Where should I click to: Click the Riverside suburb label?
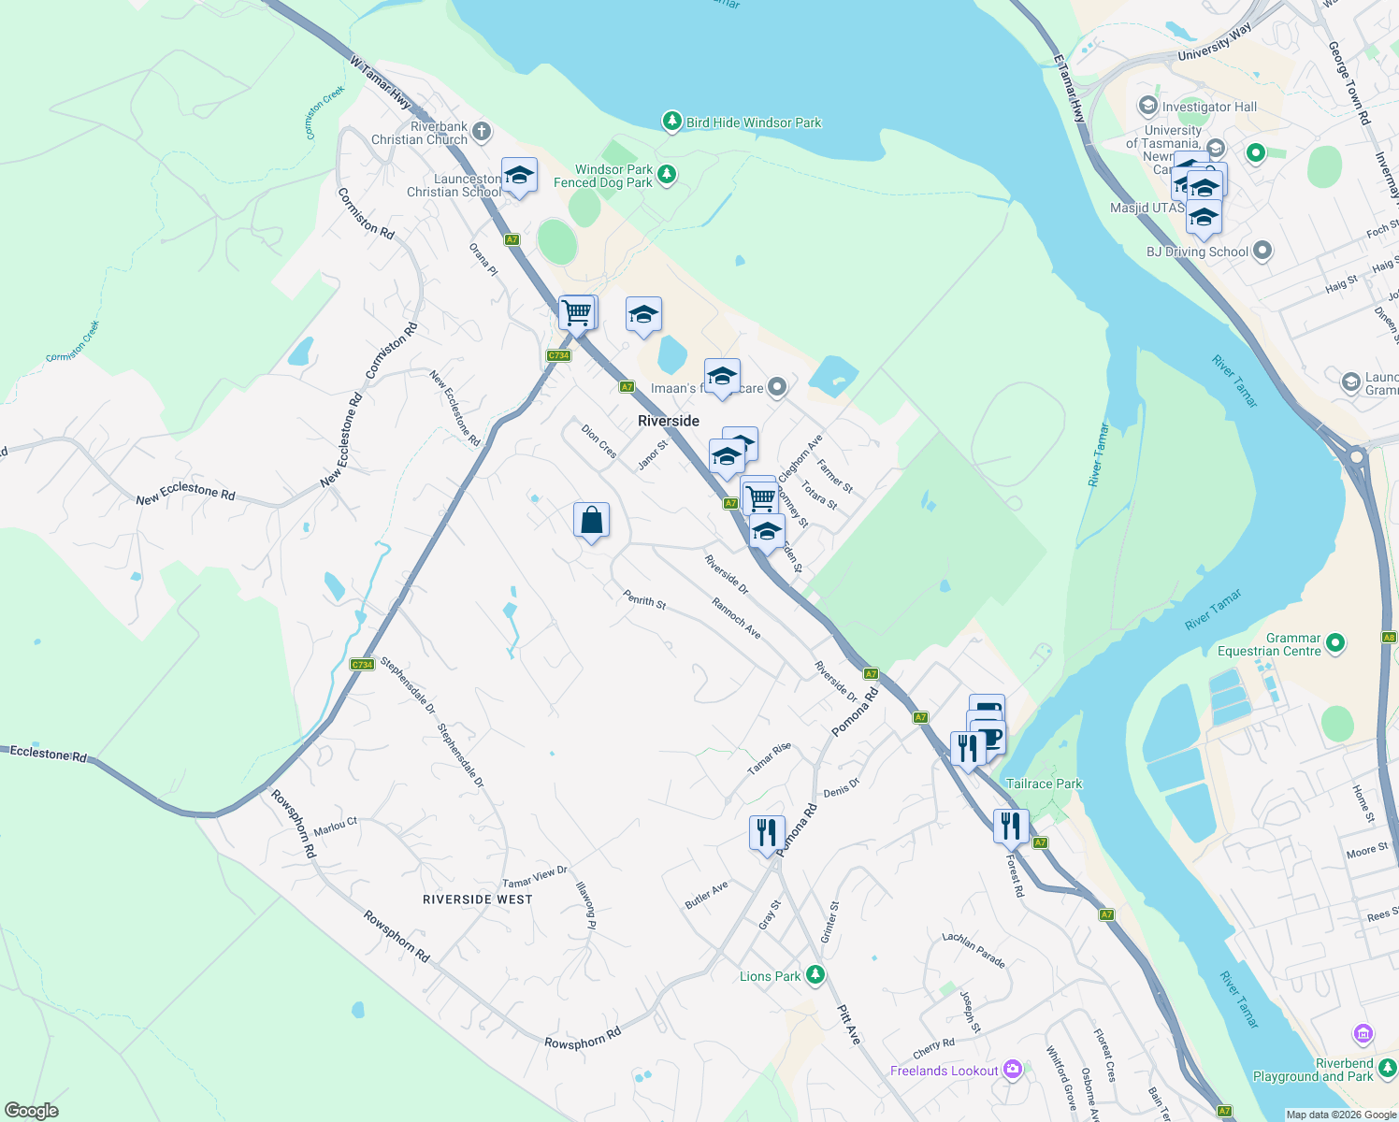pos(668,421)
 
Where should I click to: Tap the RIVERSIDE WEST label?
pos(477,899)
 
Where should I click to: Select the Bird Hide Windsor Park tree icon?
pos(671,121)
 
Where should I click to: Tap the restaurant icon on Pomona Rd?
pos(767,831)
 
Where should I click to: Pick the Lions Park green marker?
pos(815,975)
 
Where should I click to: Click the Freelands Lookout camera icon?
pos(1012,1070)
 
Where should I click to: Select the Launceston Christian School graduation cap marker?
pos(519,175)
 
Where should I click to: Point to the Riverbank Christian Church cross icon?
pos(481,131)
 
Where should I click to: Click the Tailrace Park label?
pos(1044,784)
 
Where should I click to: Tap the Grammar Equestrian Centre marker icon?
pos(1335,642)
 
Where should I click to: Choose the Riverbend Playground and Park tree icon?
pos(1387,1067)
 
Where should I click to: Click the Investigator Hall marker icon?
pos(1147,106)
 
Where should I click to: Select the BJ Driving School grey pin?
pos(1262,251)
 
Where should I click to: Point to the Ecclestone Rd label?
pos(48,754)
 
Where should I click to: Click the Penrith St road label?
pos(644,601)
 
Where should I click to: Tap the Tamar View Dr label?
pos(535,877)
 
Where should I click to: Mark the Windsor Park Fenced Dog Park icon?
pos(666,174)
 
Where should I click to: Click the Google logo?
pos(32,1111)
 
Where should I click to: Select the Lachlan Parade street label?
pos(974,950)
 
